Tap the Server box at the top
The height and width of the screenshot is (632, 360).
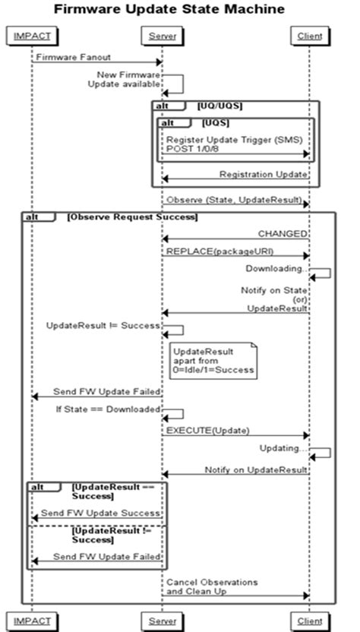161,36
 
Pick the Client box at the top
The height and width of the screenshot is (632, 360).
308,36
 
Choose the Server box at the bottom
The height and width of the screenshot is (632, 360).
161,621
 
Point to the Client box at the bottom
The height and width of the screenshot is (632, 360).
308,621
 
